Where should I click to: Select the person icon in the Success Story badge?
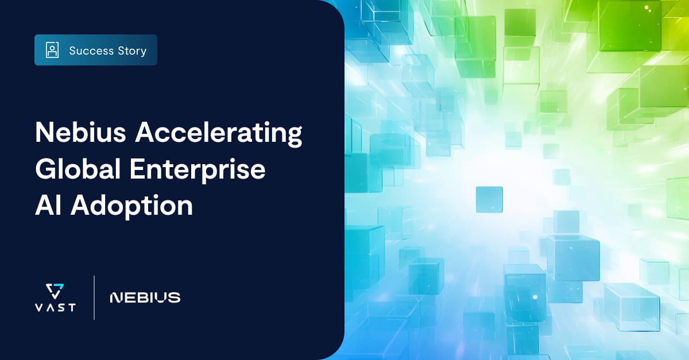(52, 51)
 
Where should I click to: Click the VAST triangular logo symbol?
(55, 290)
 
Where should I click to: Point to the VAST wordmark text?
(55, 307)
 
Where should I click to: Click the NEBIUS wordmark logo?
(145, 297)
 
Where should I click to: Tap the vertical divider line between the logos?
(94, 297)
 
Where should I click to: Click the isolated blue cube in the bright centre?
(489, 199)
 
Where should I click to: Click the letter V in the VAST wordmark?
(38, 307)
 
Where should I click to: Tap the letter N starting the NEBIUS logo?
(115, 297)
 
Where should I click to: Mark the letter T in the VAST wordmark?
(71, 307)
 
